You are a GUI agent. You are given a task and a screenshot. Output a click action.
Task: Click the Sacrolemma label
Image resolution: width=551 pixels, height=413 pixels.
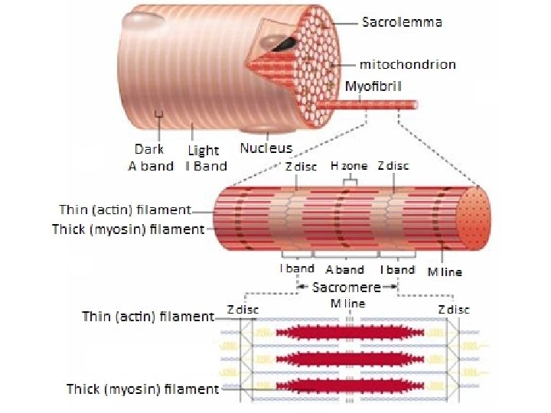(x=401, y=22)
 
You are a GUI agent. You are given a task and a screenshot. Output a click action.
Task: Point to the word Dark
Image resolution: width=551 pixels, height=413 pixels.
(x=149, y=150)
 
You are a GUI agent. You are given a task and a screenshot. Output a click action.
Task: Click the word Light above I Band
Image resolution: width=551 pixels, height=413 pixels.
(x=203, y=151)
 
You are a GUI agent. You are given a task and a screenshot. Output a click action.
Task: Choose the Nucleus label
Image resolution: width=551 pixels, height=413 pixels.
(x=266, y=148)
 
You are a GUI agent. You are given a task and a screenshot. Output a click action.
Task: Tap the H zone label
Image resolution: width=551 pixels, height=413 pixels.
(x=349, y=165)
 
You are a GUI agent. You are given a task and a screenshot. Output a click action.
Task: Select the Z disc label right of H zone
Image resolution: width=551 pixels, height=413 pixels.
(x=393, y=165)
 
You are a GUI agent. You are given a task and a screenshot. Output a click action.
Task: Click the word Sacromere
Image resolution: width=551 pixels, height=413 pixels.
(x=347, y=287)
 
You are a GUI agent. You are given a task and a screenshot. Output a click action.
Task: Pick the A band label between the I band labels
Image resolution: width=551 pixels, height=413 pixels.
(x=344, y=269)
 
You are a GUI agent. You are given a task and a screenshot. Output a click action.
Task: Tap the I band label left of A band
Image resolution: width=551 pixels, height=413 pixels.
(x=296, y=268)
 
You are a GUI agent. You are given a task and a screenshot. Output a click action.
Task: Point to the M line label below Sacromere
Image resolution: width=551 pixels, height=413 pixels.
(x=347, y=303)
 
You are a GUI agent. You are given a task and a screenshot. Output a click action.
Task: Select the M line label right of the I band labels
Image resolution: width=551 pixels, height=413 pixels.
(x=445, y=272)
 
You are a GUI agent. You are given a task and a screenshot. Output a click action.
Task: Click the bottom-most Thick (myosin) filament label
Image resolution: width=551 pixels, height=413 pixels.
(x=142, y=389)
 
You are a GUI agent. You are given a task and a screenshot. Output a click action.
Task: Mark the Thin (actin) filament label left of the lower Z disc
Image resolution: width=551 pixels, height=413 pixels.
(x=148, y=317)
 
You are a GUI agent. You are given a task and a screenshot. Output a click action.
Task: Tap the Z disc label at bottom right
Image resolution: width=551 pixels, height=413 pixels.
(x=453, y=309)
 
